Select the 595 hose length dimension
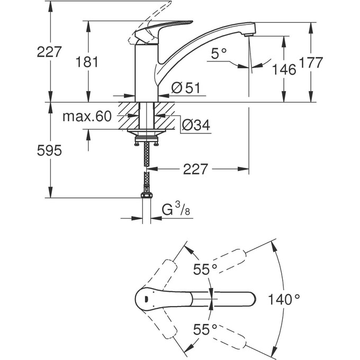50,150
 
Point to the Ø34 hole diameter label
195,125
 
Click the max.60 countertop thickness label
87,116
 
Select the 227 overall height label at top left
50,52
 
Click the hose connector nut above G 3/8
147,195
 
